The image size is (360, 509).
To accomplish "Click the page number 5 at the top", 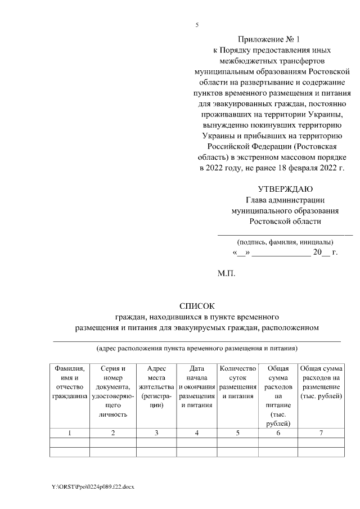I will pyautogui.click(x=197, y=25).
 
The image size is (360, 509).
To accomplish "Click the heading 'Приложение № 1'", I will pyautogui.click(x=269, y=40).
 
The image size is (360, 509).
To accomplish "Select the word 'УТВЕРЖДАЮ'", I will pyautogui.click(x=285, y=189).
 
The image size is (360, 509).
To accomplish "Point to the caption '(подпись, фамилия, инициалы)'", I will pyautogui.click(x=285, y=242).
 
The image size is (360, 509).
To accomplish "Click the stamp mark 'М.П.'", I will pyautogui.click(x=227, y=274).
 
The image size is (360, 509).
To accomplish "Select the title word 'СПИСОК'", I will pyautogui.click(x=197, y=307).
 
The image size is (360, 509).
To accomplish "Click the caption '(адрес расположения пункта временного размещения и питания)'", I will pyautogui.click(x=197, y=348).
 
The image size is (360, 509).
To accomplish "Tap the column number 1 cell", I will pyautogui.click(x=70, y=433).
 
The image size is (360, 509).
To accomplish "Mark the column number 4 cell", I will pyautogui.click(x=197, y=433).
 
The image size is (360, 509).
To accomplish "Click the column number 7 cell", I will pyautogui.click(x=321, y=433).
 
